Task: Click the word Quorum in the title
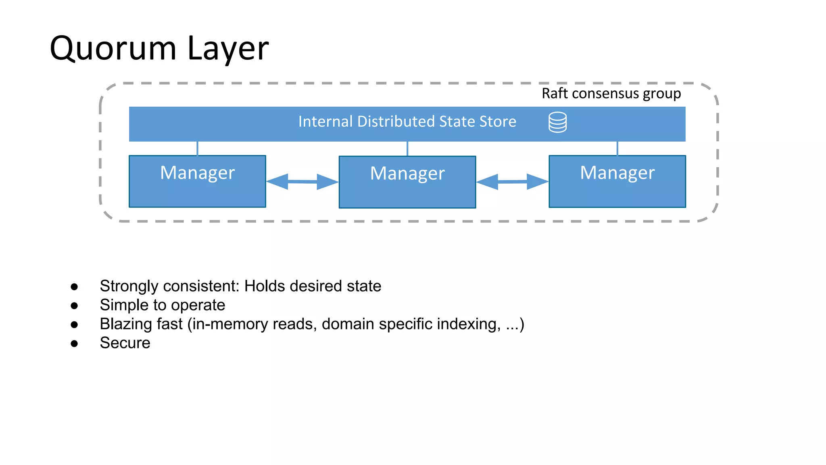coord(113,49)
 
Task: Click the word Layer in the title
coord(228,49)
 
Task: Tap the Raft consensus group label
coord(611,94)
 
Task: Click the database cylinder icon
coord(557,122)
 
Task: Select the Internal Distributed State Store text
coord(407,122)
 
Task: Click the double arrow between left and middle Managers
coord(302,182)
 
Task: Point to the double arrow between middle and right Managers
coord(512,182)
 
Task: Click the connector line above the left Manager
coord(197,149)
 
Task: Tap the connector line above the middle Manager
coord(407,149)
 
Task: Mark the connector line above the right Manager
coord(617,149)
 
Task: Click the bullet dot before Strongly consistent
coord(74,287)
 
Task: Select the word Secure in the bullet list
coord(125,343)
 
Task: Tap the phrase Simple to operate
coord(163,305)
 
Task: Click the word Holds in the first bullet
coord(265,286)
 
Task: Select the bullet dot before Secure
coord(74,344)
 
